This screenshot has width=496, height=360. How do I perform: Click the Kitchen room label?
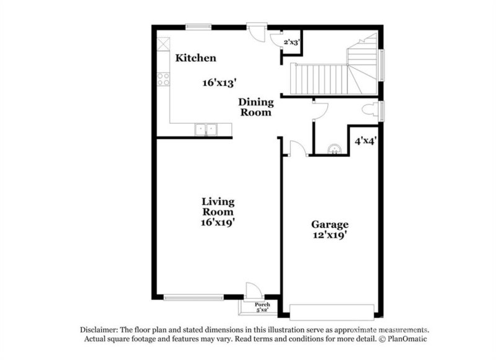195,58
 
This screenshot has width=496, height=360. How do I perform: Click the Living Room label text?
217,206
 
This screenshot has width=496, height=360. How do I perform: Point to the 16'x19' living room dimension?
217,221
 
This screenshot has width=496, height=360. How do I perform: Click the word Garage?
330,224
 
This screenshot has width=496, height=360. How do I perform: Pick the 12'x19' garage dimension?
330,235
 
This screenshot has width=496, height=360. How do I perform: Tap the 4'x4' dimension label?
366,141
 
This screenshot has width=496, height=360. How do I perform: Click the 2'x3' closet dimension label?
291,42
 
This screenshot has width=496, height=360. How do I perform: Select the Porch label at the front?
263,304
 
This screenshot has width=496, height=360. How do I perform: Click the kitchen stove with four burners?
164,79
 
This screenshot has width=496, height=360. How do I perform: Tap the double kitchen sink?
205,129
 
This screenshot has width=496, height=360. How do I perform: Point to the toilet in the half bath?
371,111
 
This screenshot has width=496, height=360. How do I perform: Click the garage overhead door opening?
332,311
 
